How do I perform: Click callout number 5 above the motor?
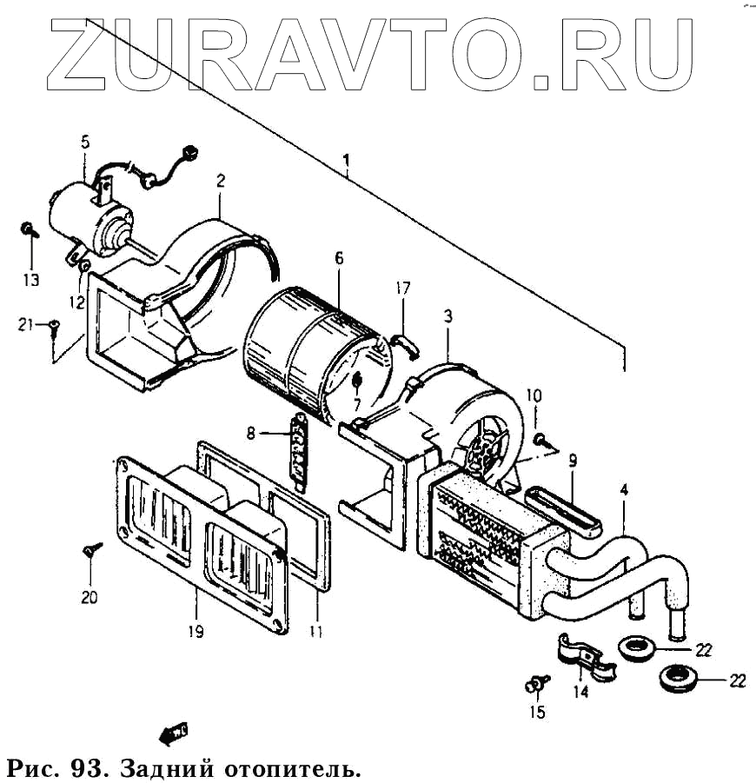[85, 143]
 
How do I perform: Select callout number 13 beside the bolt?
[31, 280]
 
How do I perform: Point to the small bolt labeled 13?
[29, 230]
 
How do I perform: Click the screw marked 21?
[54, 327]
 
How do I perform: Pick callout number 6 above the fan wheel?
[339, 258]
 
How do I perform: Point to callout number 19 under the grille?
[196, 632]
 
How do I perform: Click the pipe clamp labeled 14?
[584, 657]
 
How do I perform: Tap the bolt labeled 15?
[536, 687]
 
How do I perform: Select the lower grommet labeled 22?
[677, 677]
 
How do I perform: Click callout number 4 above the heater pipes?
[624, 489]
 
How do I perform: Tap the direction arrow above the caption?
[175, 732]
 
